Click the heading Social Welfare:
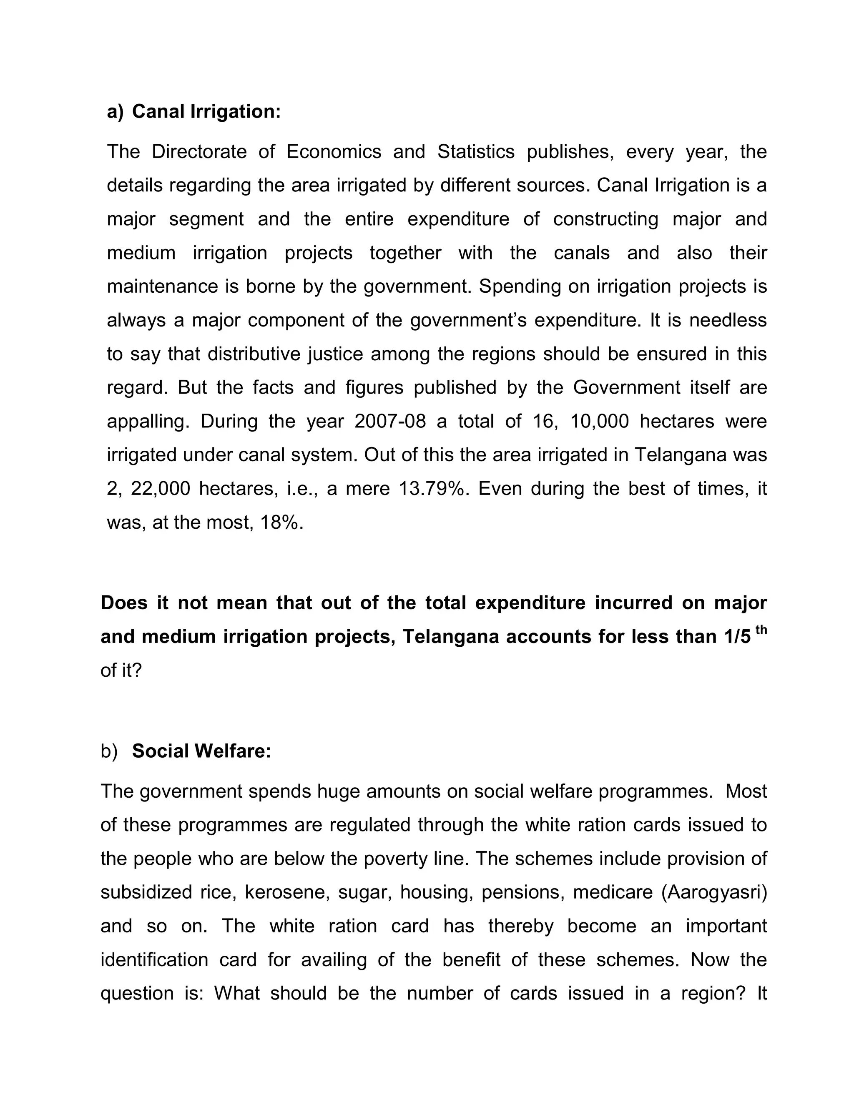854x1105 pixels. click(201, 751)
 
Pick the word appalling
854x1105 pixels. click(147, 421)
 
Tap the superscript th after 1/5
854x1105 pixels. click(761, 630)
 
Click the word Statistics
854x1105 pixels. click(475, 152)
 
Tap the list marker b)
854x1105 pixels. click(109, 751)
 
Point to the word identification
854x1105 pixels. click(154, 959)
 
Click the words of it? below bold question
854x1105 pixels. click(121, 671)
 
